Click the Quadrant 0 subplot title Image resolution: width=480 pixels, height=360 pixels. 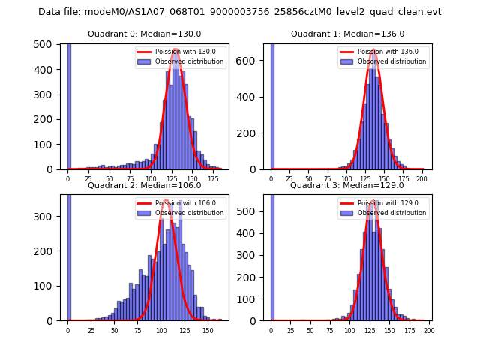(x=145, y=34)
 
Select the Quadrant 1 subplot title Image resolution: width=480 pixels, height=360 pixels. (x=348, y=34)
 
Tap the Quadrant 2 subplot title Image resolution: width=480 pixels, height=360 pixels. (x=145, y=185)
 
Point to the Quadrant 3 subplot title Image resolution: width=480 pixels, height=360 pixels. (x=348, y=185)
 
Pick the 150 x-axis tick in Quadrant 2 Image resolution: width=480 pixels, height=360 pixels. (x=207, y=330)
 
